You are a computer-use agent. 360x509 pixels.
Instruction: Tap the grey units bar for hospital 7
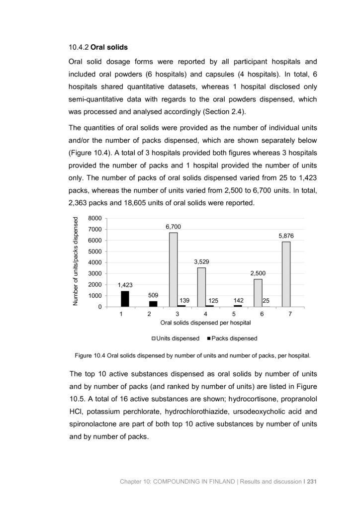tap(286, 274)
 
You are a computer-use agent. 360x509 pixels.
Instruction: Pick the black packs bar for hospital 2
tap(153, 304)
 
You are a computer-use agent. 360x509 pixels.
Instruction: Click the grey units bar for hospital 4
tap(201, 287)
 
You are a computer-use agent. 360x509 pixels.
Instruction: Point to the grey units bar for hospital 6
tap(258, 293)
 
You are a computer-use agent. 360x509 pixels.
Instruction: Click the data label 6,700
tap(173, 227)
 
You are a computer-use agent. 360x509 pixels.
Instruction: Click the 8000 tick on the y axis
tap(94, 218)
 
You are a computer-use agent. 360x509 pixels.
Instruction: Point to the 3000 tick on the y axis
tap(94, 274)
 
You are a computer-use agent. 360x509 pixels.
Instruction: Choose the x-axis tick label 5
tap(233, 314)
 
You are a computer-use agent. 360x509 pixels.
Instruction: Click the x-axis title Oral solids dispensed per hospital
tap(205, 323)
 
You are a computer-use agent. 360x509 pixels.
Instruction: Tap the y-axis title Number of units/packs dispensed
tap(76, 262)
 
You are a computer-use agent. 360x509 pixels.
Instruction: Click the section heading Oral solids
tap(110, 48)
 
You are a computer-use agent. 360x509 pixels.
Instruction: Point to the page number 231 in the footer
tap(310, 481)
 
